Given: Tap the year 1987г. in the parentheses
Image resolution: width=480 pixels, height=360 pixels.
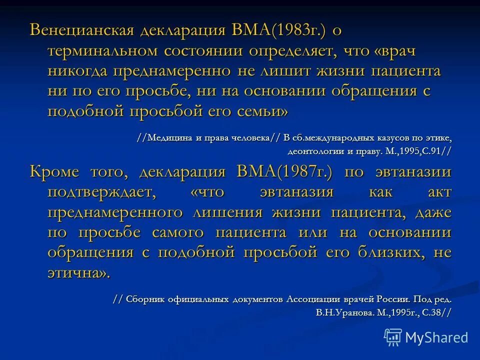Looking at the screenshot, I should (x=304, y=172).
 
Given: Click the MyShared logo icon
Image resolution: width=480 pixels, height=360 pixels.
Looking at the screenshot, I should (x=393, y=337).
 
